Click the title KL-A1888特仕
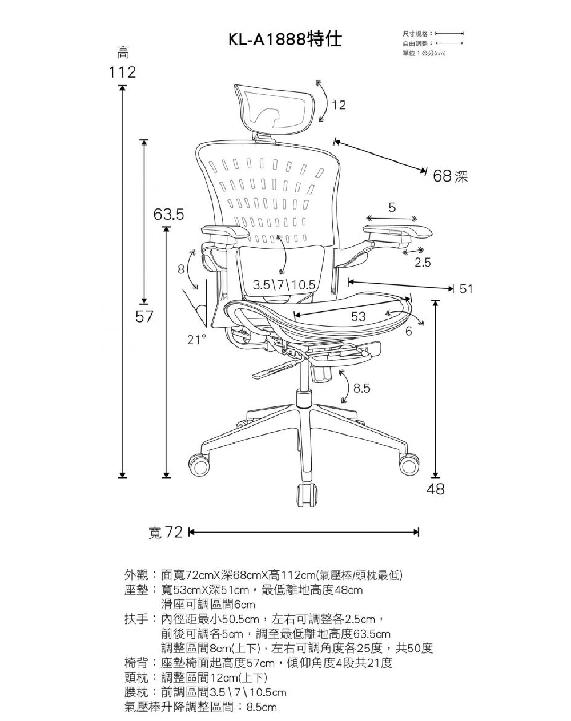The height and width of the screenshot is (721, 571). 285,39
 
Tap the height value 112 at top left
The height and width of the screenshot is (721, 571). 122,72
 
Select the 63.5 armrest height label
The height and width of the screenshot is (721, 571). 168,215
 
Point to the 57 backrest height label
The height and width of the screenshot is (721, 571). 144,316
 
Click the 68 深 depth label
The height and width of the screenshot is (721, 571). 451,176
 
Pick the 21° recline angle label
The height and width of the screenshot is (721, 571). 196,341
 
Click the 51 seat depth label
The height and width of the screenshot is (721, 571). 466,289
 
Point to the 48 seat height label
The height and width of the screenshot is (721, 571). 436,489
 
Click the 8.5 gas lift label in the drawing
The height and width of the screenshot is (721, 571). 362,389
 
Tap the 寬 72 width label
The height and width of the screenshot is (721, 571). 165,533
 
